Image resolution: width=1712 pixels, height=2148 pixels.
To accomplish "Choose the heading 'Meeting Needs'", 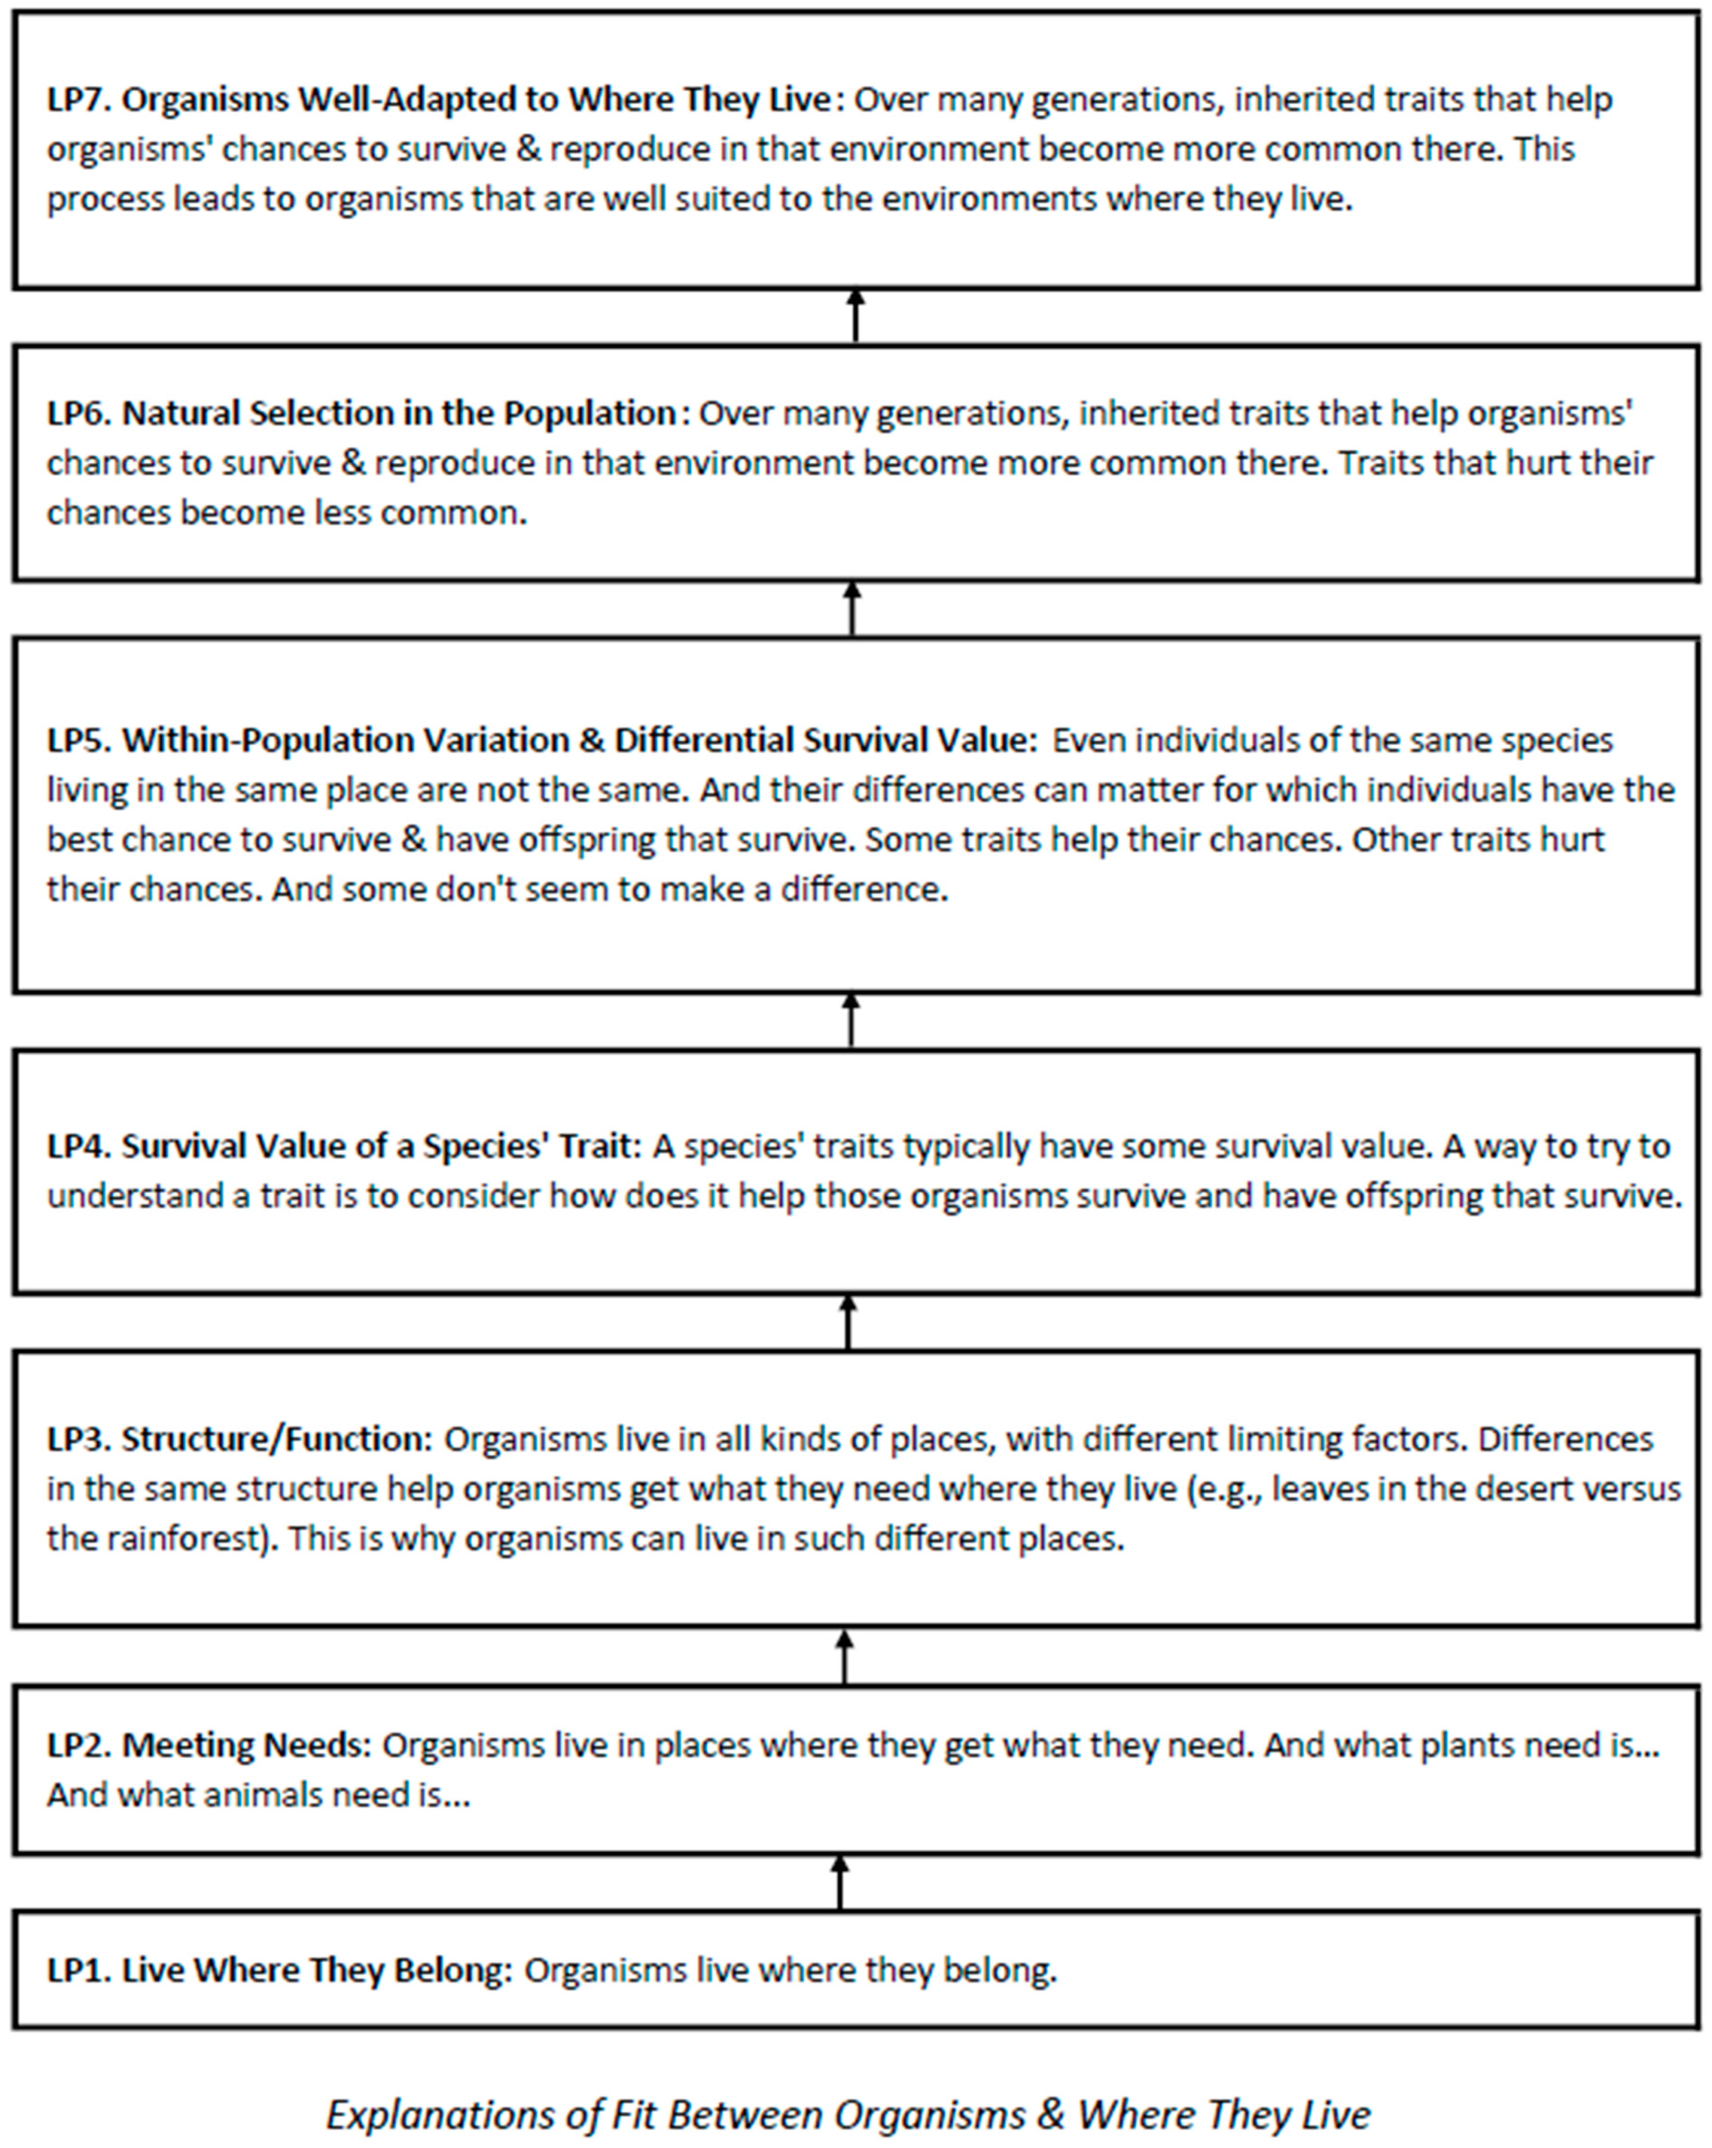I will tap(245, 1745).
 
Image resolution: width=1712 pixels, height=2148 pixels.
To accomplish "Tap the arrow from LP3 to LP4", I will tap(848, 1322).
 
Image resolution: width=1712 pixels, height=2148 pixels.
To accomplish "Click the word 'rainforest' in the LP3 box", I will tap(190, 1539).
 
